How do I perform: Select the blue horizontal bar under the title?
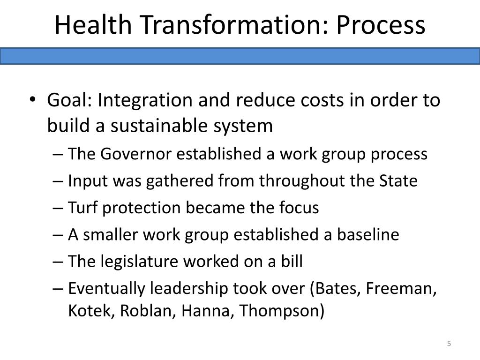[x=240, y=56]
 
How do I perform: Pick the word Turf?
[x=83, y=207]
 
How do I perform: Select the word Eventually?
[x=107, y=288]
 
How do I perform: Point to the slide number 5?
[x=449, y=344]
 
